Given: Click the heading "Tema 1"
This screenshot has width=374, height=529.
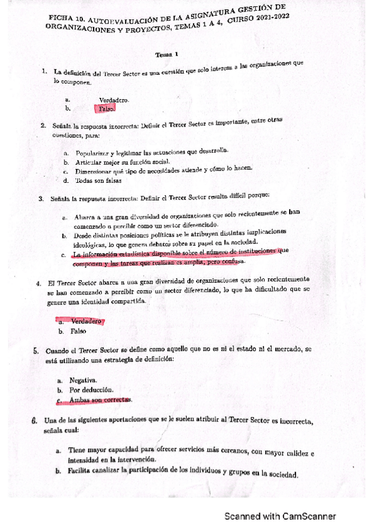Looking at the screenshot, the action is (x=168, y=54).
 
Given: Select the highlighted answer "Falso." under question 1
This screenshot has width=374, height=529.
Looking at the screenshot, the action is (x=107, y=109).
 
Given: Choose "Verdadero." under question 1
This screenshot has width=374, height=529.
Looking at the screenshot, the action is (x=114, y=100).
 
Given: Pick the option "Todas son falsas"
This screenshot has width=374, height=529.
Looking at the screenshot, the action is (x=98, y=181).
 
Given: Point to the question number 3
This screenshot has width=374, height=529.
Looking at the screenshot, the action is (x=41, y=200).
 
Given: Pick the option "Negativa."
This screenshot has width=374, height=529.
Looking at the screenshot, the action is (x=83, y=379).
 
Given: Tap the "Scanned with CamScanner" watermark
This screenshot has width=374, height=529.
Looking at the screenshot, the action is (x=280, y=517).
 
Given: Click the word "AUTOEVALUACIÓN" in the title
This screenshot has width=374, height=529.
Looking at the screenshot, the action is (x=132, y=19).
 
